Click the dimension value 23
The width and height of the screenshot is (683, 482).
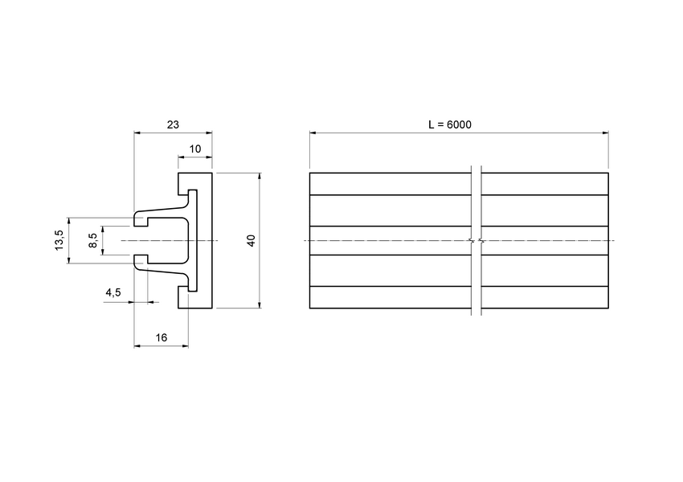pos(172,125)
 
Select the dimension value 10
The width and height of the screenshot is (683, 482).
pos(194,149)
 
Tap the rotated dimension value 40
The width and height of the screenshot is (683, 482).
pos(252,240)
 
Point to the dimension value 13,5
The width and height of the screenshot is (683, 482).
pos(59,239)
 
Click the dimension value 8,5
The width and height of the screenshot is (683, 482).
pos(93,240)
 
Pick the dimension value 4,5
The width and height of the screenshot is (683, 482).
pos(112,293)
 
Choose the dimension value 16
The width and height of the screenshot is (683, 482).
pos(161,338)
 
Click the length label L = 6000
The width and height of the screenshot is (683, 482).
pos(450,125)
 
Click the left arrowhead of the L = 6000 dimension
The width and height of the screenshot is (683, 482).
pos(313,133)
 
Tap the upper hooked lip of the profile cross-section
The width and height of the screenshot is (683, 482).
pos(143,218)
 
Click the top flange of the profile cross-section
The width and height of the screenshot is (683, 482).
pos(194,180)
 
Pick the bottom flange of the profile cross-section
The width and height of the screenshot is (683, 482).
pos(194,300)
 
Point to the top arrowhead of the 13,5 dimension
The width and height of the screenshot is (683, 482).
pos(70,220)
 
